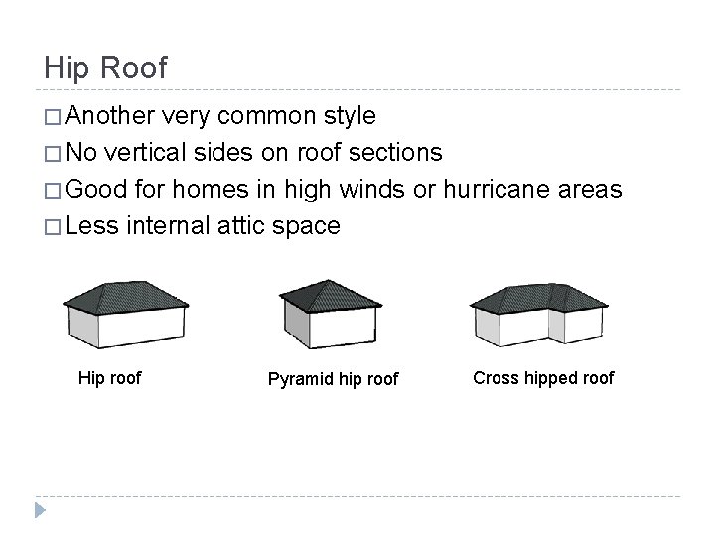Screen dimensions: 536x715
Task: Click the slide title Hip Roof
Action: [x=106, y=67]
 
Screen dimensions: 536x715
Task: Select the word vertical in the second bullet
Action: [x=160, y=153]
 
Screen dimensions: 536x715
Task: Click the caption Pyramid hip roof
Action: [x=334, y=380]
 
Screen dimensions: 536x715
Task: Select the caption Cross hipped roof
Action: [x=543, y=377]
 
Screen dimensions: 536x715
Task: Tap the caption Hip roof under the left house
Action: [x=110, y=377]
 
